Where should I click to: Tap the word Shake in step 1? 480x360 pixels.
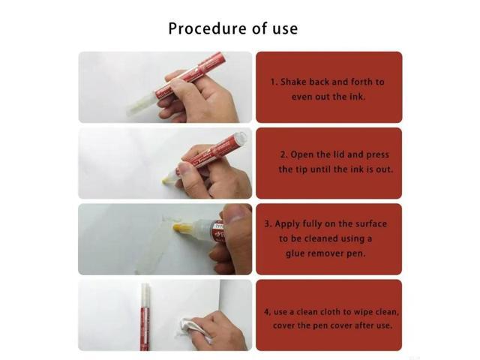tap(295, 81)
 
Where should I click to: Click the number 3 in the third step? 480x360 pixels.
tap(268, 223)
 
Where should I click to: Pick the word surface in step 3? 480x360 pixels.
tap(373, 223)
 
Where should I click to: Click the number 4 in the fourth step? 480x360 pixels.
tap(267, 311)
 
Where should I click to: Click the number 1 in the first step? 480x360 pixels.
tap(273, 81)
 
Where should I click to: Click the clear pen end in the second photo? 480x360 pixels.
tap(238, 139)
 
